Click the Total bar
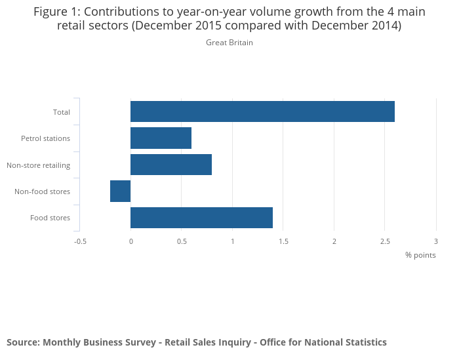pos(262,111)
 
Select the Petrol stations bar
pos(161,138)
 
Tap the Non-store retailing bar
pos(171,165)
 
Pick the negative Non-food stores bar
pos(121,191)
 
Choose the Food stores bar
pos(201,217)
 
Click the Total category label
pos(62,112)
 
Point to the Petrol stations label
pos(45,138)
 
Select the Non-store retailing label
pos(38,165)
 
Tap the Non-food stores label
pos(42,191)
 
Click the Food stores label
pos(50,218)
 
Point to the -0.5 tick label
pos(80,241)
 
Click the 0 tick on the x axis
pos(130,241)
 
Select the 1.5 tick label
pos(283,241)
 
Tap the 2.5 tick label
pos(385,241)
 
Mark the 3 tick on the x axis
pos(436,241)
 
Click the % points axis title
pos(420,254)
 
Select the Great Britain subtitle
pos(229,43)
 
